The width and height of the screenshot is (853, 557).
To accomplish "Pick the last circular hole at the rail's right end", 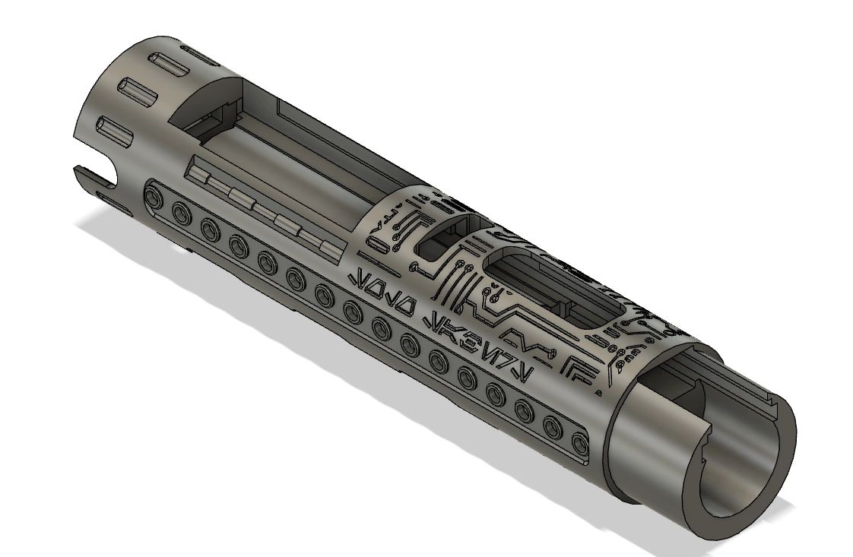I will [580, 441].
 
